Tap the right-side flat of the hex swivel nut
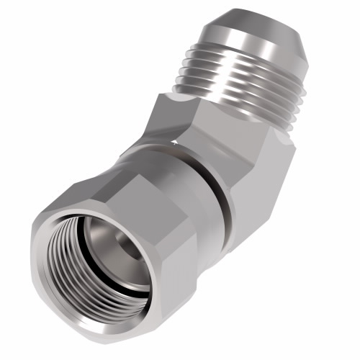pos(180,266)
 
